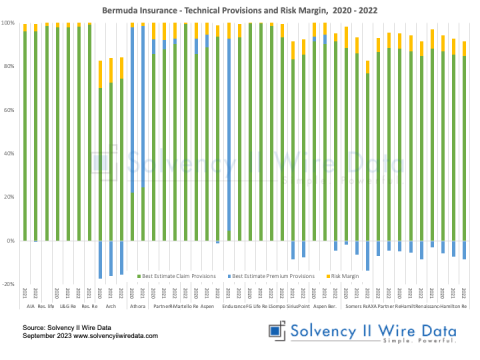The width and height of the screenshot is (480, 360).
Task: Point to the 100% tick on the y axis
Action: (8, 22)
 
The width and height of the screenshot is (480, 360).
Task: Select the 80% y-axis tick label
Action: (9, 66)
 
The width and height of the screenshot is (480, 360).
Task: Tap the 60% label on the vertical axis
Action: (9, 110)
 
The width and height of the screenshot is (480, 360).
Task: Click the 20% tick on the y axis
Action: (9, 197)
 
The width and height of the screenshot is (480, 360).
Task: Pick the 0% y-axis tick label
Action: (10, 241)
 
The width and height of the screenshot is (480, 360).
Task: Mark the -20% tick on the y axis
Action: (8, 284)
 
